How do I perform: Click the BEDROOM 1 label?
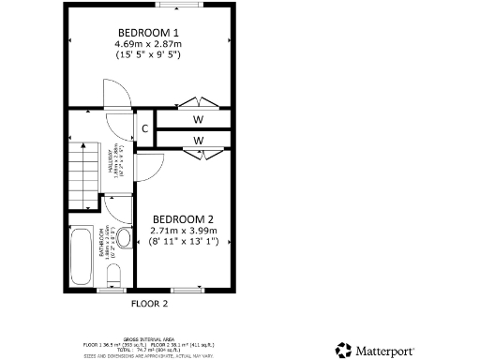147,30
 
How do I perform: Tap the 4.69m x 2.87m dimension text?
147,43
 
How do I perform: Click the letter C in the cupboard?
145,129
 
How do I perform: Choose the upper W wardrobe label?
199,120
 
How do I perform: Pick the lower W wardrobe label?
199,141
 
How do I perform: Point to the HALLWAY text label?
112,163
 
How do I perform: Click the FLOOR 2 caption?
149,304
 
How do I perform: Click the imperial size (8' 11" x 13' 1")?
184,242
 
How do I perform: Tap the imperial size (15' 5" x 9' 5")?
147,55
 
